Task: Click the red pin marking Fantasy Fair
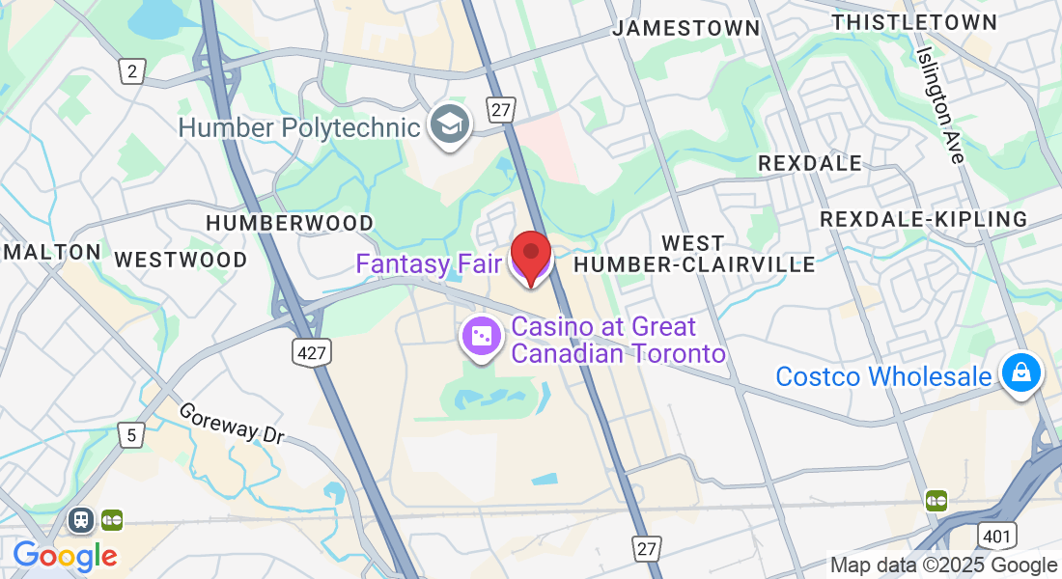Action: click(x=530, y=256)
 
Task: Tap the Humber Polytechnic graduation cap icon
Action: click(x=450, y=124)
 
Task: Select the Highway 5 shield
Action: click(x=131, y=435)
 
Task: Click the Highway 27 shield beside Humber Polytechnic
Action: click(x=500, y=110)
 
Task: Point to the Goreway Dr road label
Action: click(x=233, y=423)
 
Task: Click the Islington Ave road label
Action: click(x=941, y=105)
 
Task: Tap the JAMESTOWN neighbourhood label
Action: click(x=686, y=28)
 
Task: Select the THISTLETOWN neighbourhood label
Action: click(x=914, y=21)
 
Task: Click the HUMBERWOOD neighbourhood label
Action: click(x=290, y=223)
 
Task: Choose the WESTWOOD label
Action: click(x=181, y=260)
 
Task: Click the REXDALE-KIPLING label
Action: click(x=924, y=219)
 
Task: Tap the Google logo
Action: click(x=65, y=556)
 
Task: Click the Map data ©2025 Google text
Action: click(x=943, y=565)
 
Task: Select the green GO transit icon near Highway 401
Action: click(x=935, y=500)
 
